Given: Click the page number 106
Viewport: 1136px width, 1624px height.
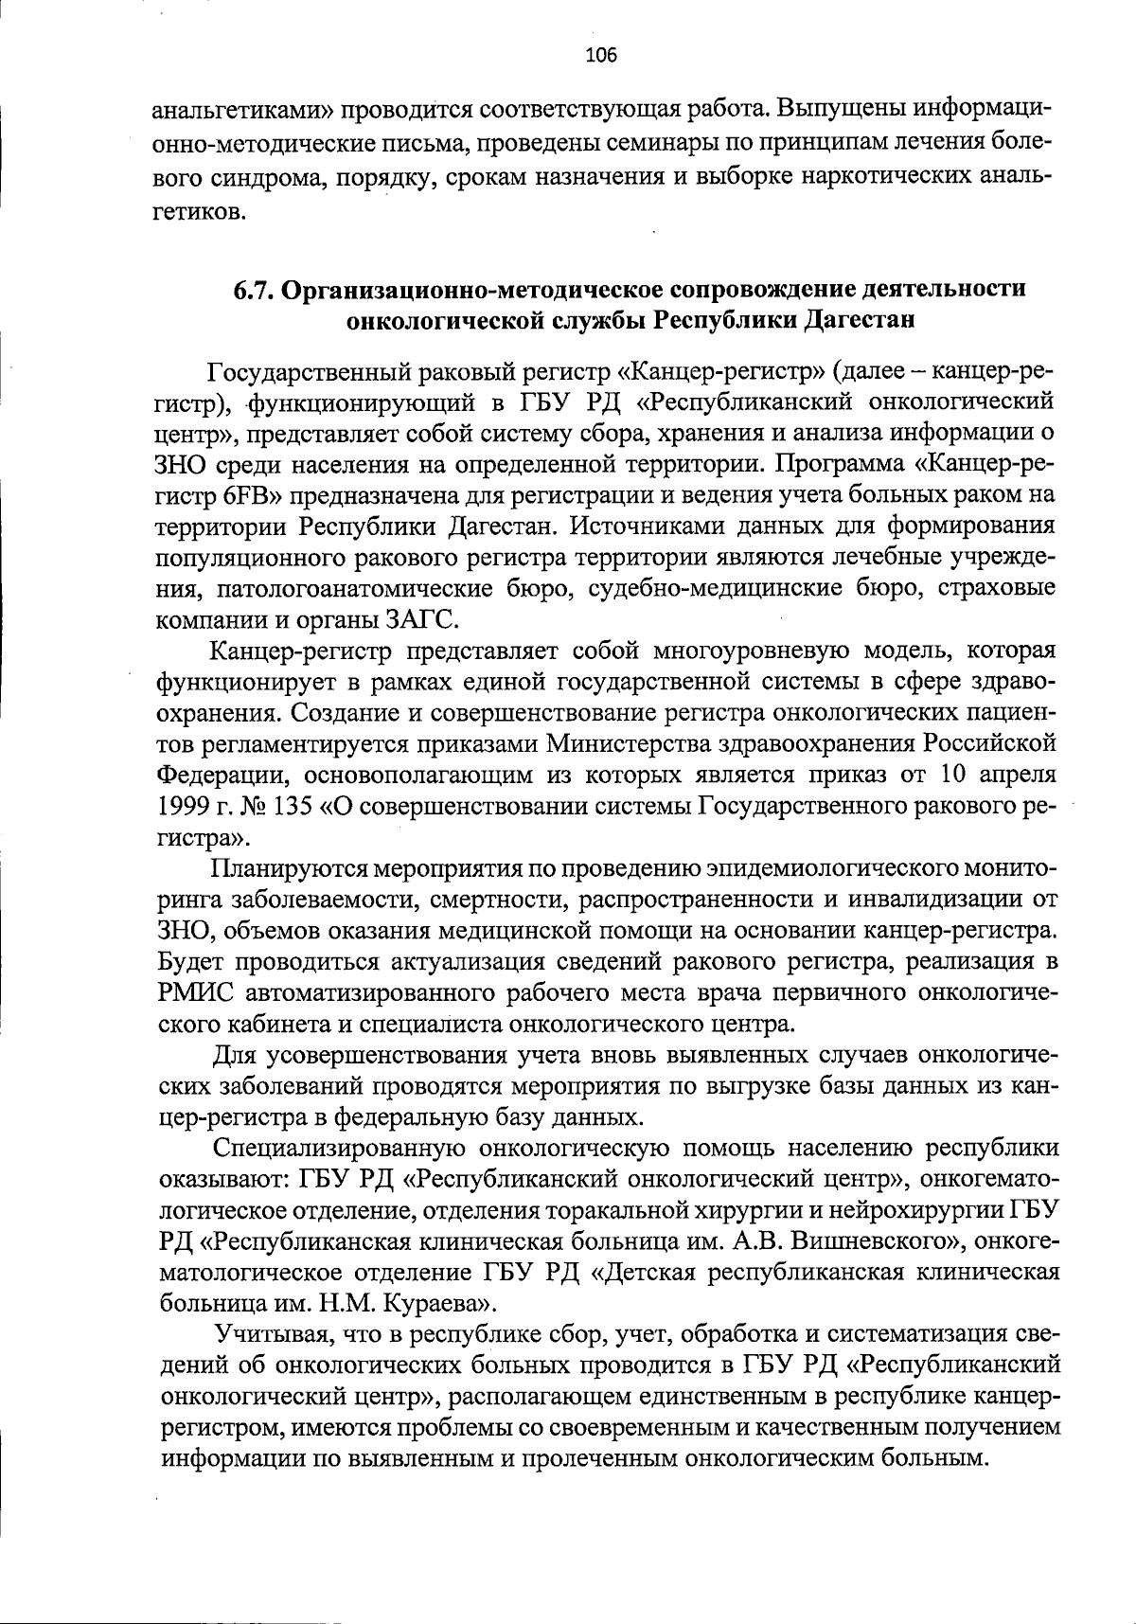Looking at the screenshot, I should point(601,55).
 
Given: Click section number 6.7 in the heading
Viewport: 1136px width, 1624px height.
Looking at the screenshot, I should point(254,288).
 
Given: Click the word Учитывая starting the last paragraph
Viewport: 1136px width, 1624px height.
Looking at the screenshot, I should point(270,1334).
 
